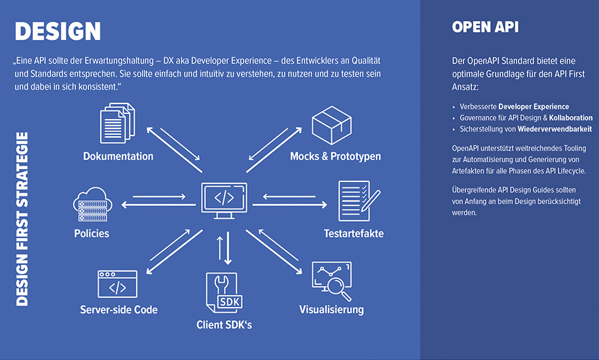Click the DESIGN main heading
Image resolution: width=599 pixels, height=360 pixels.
click(58, 31)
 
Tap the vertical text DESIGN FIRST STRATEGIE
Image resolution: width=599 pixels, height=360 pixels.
click(22, 219)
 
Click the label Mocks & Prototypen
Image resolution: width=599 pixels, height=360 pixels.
click(335, 156)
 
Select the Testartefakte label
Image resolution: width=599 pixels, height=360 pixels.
click(354, 234)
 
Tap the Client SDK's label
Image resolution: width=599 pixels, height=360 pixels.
click(224, 324)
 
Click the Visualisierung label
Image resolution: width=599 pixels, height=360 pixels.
click(331, 310)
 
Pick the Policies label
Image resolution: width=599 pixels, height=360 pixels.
click(92, 233)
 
